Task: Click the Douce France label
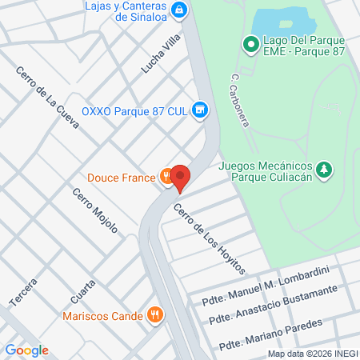pyautogui.click(x=121, y=178)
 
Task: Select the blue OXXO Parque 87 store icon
pyautogui.click(x=200, y=110)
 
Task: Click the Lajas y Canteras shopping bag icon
pyautogui.click(x=180, y=10)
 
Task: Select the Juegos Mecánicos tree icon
pyautogui.click(x=323, y=169)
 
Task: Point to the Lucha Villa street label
pyautogui.click(x=161, y=54)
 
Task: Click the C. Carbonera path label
pyautogui.click(x=241, y=101)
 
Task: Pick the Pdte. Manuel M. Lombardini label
pyautogui.click(x=262, y=290)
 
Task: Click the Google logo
pyautogui.click(x=26, y=350)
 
